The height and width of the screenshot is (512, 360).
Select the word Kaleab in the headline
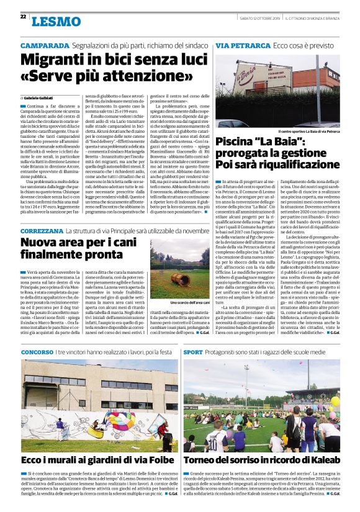322,460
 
